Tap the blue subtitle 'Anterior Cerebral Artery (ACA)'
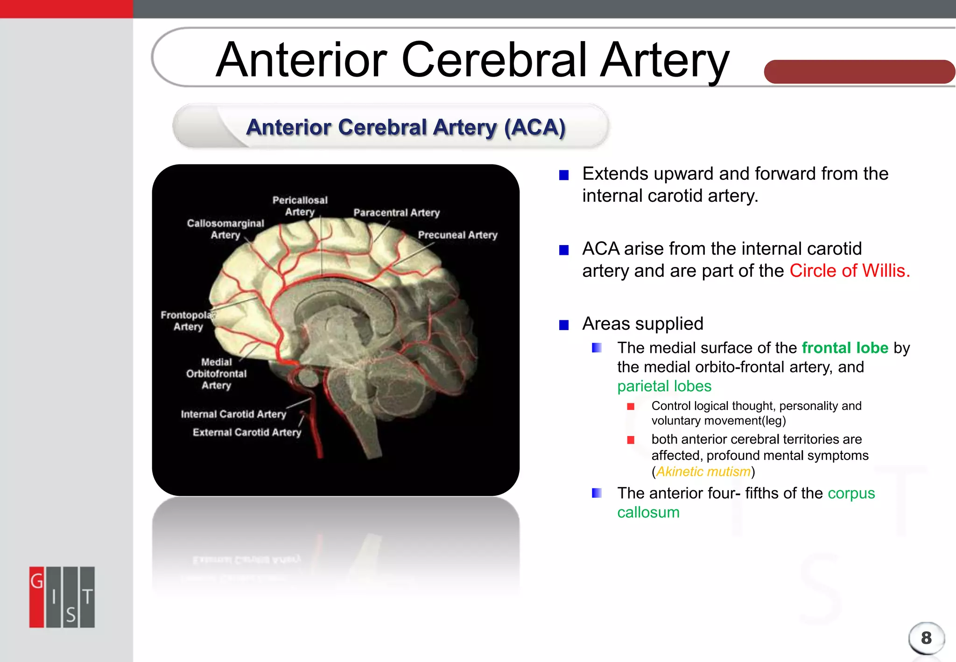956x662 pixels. click(406, 127)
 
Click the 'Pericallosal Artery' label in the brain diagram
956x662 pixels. click(300, 206)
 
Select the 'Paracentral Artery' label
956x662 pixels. click(396, 213)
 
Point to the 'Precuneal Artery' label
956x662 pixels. click(457, 235)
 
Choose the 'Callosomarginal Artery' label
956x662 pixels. click(225, 229)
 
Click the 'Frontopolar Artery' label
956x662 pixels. click(188, 321)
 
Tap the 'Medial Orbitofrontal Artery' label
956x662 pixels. click(216, 373)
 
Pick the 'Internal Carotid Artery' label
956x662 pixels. click(233, 414)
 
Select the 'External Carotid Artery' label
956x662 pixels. click(247, 432)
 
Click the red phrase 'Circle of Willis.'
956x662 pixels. click(850, 271)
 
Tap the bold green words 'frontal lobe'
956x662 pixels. click(845, 348)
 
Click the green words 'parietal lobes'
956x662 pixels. click(664, 386)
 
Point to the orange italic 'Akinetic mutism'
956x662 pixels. click(703, 472)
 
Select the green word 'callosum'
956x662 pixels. click(648, 512)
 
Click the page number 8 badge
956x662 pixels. click(926, 638)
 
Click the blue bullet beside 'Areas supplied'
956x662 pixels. click(564, 325)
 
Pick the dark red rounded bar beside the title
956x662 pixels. click(859, 72)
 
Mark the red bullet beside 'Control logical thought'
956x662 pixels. click(631, 407)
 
